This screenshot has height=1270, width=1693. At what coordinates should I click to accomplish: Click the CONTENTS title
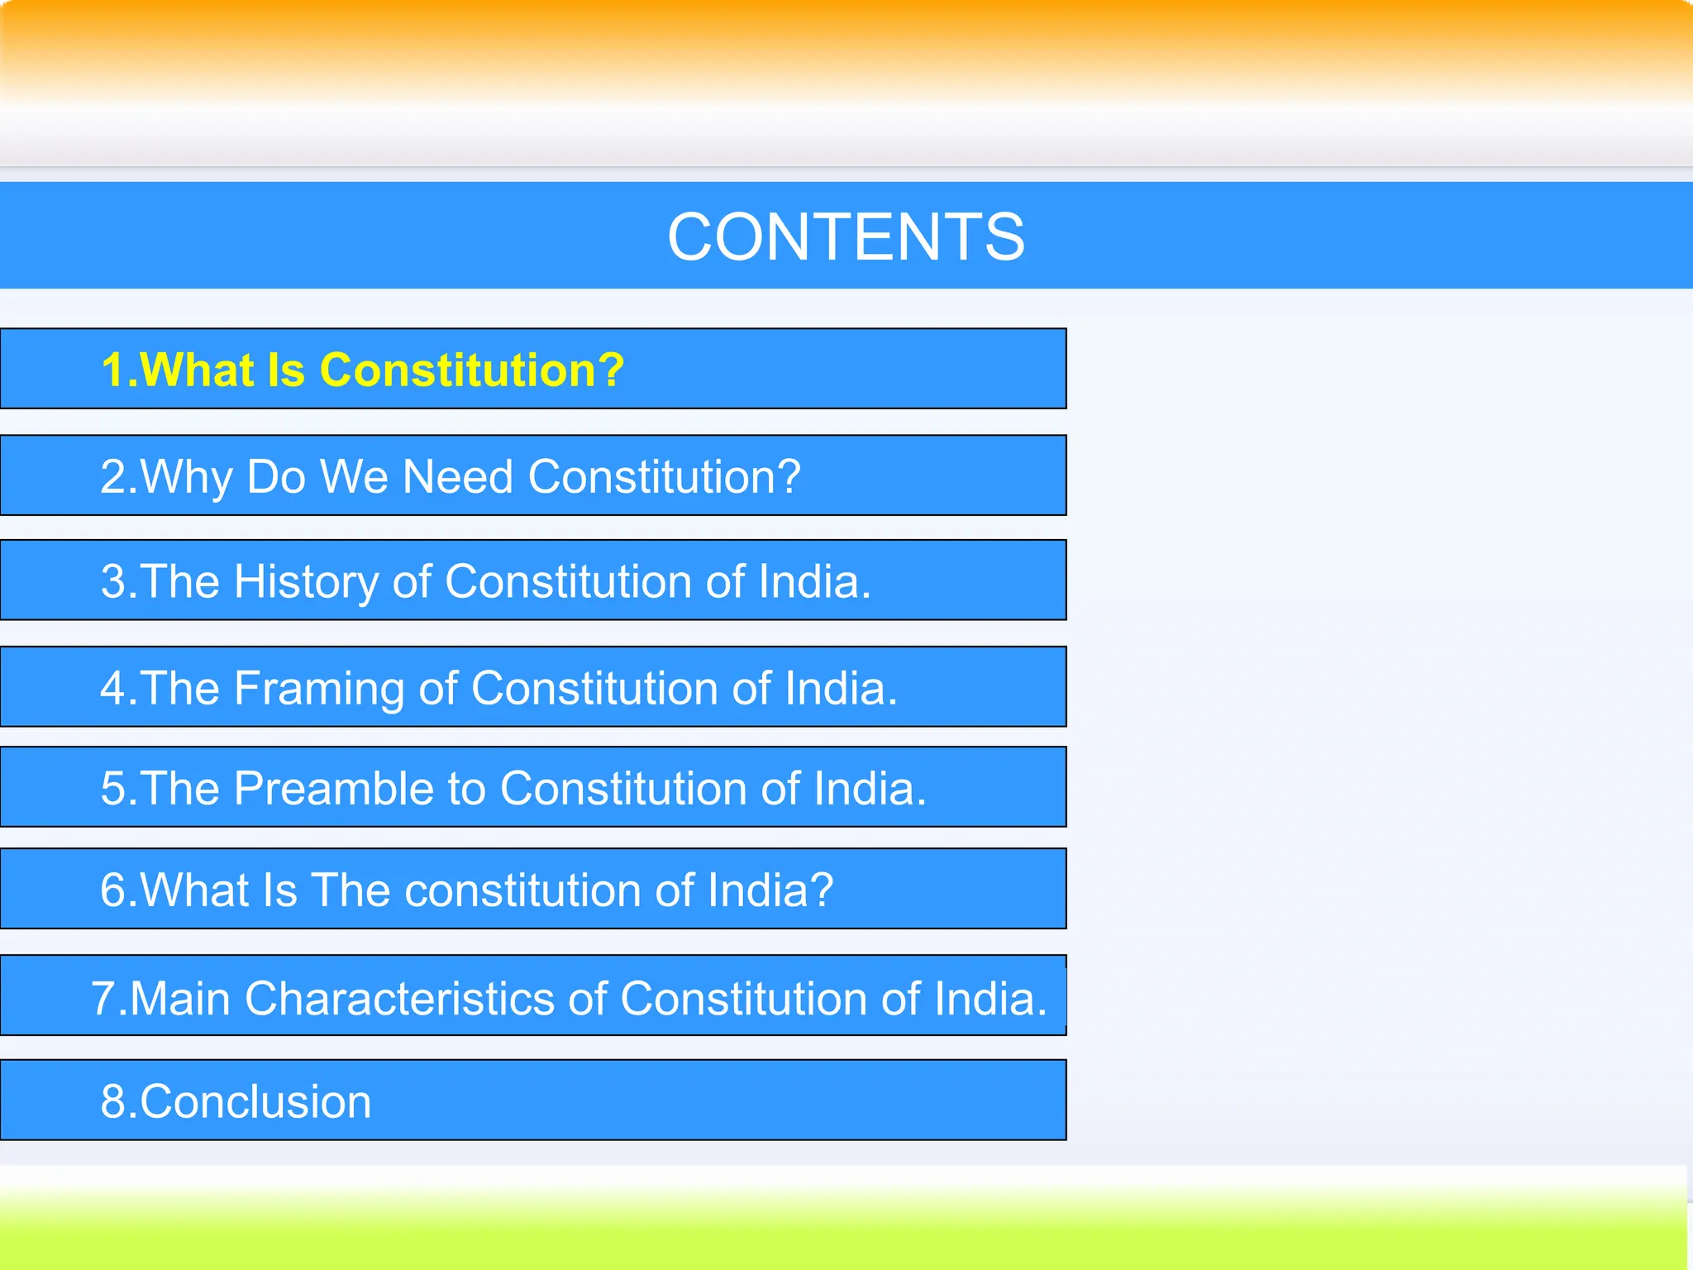[846, 236]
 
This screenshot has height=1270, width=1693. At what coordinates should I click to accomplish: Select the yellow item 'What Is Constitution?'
[362, 370]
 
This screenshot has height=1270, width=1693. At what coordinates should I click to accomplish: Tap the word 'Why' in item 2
[187, 477]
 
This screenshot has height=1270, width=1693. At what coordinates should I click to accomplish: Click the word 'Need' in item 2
[457, 477]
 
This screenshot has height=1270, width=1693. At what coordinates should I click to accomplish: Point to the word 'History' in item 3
[307, 581]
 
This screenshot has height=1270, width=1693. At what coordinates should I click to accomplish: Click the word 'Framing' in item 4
[319, 689]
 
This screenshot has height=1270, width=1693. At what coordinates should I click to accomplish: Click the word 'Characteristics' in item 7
[400, 998]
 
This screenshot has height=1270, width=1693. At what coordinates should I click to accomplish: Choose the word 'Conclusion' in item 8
[255, 1101]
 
